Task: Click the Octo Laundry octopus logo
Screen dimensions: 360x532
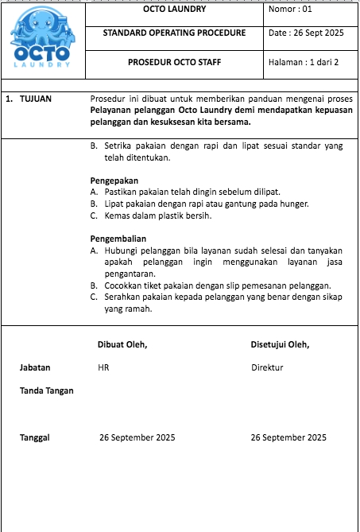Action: coord(41,41)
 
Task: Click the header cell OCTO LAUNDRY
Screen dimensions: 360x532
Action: coord(174,10)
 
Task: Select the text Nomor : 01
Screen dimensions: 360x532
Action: coord(292,10)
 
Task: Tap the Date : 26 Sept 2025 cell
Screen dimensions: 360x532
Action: coord(306,34)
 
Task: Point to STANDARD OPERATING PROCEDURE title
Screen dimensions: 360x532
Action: coord(174,34)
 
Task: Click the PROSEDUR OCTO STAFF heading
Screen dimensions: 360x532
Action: coord(174,62)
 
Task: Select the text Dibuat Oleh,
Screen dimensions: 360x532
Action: coord(122,344)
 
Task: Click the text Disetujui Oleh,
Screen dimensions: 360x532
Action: coord(280,344)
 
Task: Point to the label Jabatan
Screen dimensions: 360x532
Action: coord(35,368)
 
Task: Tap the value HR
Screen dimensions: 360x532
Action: coord(103,368)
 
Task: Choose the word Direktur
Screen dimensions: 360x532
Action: coord(267,368)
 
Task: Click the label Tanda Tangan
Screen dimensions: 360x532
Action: coord(47,390)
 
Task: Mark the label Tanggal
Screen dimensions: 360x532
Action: coord(35,437)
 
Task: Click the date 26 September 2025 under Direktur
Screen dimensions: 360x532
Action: coord(288,437)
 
